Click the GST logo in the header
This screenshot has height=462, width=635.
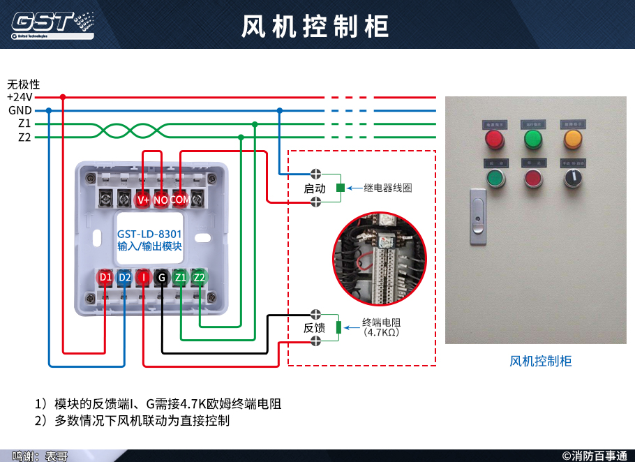(52, 23)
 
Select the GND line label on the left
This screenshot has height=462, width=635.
(20, 110)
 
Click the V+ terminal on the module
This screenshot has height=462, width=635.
(143, 200)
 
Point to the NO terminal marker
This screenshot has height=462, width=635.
(161, 200)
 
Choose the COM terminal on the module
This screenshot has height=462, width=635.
(180, 200)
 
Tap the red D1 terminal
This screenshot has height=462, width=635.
(105, 278)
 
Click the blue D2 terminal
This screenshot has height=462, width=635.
(124, 278)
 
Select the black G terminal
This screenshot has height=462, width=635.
(162, 278)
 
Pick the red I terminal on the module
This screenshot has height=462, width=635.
(143, 278)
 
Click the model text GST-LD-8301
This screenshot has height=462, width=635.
(149, 234)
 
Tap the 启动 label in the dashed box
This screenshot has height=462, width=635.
(315, 188)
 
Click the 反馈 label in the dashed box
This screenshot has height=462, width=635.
(315, 327)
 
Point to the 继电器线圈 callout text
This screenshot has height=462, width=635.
(388, 188)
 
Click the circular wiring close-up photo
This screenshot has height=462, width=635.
(379, 259)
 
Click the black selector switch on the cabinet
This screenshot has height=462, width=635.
(574, 179)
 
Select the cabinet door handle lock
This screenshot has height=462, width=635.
(477, 216)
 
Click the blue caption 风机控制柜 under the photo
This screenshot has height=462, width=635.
(541, 361)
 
